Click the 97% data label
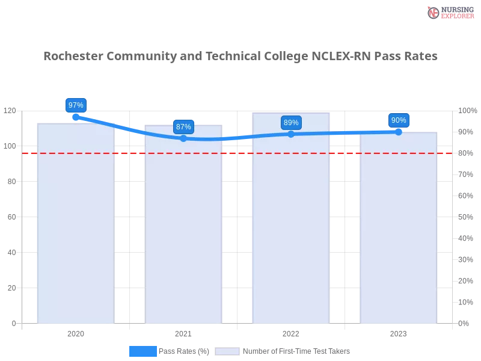[x=76, y=105]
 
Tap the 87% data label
[x=183, y=126]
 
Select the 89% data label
[x=291, y=122]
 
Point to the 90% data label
[x=399, y=120]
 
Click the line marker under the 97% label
[x=76, y=117]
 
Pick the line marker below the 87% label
[x=183, y=138]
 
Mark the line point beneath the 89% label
[x=291, y=134]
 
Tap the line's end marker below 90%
[x=399, y=131]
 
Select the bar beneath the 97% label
[x=75, y=229]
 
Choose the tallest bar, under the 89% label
[x=291, y=229]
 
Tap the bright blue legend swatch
[x=142, y=351]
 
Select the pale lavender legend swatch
[x=227, y=351]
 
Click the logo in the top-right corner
[x=449, y=12]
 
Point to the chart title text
[x=240, y=56]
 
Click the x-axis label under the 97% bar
[x=76, y=332]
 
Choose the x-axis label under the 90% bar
[x=399, y=332]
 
